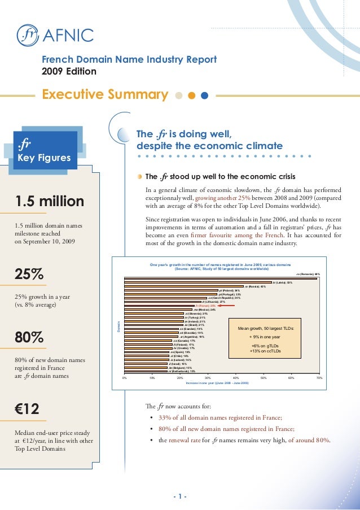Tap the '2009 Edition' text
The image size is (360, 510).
[x=69, y=71]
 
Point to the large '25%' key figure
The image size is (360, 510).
[x=29, y=274]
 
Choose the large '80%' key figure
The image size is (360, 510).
[x=29, y=338]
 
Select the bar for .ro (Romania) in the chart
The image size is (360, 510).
[x=220, y=278]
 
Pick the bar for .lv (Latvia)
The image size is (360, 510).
[x=197, y=282]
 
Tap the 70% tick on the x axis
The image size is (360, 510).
[x=319, y=377]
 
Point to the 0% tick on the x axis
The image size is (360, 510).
[x=124, y=377]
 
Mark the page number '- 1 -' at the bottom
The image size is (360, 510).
[x=180, y=497]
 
